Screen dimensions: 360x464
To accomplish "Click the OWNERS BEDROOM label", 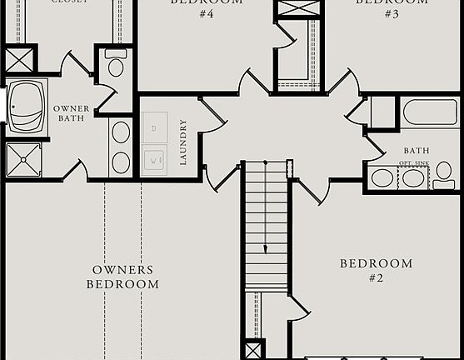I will pos(125,277).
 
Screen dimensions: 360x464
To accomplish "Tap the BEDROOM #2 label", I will pos(376,270).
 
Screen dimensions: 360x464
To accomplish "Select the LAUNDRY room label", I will pos(183,142).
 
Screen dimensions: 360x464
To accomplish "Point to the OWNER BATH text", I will pos(72,113).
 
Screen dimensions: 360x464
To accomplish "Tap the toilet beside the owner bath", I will pos(116,65).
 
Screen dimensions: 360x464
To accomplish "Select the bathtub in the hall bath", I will pos(429,112).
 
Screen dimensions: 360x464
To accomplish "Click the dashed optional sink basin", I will pos(412,177).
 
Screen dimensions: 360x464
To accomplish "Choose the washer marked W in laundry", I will pos(156,158).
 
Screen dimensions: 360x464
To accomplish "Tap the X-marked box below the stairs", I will pos(252,350).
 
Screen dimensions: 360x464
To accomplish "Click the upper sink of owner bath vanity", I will pos(122,132).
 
